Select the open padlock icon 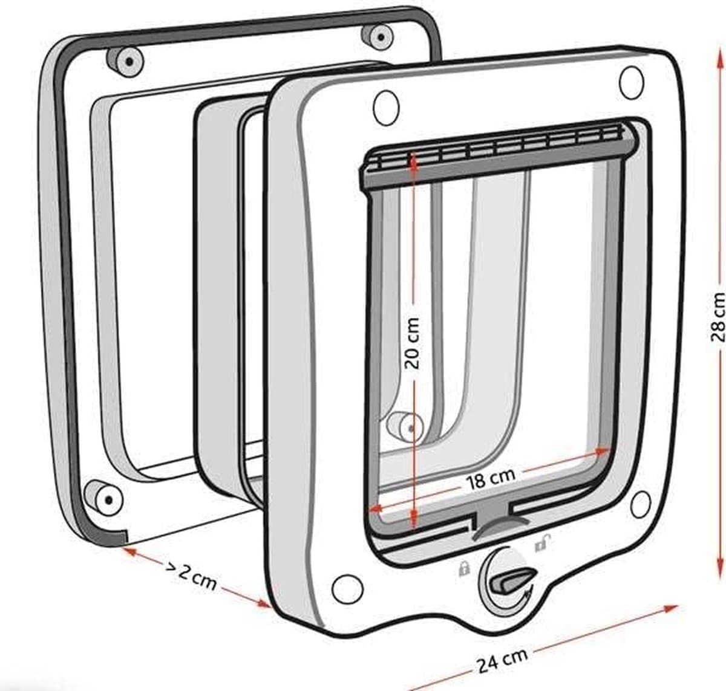543,544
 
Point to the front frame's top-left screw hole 386,108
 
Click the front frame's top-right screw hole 631,82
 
